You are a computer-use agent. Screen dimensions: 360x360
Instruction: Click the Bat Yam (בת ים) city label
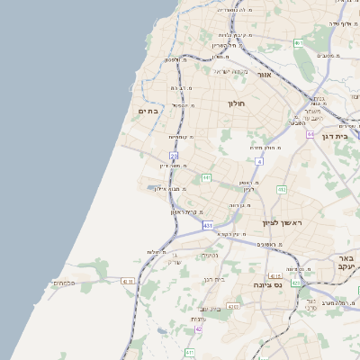(x=148, y=111)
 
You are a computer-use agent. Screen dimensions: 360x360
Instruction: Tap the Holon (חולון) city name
(x=237, y=103)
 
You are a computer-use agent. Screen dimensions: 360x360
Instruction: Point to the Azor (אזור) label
(x=264, y=74)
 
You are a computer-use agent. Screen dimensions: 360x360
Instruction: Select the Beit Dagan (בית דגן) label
(x=334, y=136)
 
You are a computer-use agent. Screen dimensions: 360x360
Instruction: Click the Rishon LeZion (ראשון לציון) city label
(x=283, y=222)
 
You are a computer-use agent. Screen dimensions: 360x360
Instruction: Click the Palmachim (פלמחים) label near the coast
(x=63, y=283)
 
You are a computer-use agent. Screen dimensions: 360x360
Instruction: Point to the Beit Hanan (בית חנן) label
(x=212, y=280)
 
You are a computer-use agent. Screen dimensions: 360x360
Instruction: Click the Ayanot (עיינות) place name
(x=199, y=319)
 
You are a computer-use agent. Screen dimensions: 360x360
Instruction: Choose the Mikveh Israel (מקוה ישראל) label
(x=232, y=71)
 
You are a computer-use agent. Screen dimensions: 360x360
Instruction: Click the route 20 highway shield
(x=174, y=156)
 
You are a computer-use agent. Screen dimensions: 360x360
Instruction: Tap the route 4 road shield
(x=258, y=161)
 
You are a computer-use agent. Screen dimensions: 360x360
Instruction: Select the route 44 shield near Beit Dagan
(x=310, y=134)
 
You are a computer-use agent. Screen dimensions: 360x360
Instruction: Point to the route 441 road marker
(x=206, y=178)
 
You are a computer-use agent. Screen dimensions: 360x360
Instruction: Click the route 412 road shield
(x=281, y=190)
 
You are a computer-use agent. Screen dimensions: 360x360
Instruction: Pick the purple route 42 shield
(x=198, y=329)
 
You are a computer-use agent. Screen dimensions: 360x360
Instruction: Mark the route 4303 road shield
(x=233, y=307)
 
